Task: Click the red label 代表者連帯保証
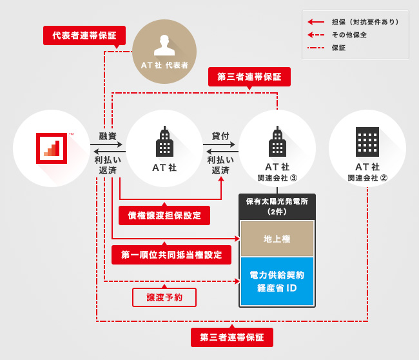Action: [84, 35]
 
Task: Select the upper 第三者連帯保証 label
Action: [249, 77]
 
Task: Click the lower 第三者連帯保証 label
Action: [232, 337]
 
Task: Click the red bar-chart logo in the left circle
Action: [52, 148]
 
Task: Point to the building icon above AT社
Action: [164, 143]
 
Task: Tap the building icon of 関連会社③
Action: [277, 143]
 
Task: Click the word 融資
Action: [108, 136]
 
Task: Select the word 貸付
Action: [220, 136]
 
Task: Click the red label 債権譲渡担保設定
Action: [164, 215]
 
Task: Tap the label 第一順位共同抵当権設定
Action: [171, 255]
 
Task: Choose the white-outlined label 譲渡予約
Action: [164, 297]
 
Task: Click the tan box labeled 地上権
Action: [277, 239]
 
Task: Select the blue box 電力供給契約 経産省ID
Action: [277, 281]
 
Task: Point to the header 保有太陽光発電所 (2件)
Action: [277, 206]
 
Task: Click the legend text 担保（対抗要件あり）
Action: [365, 22]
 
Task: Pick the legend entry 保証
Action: [338, 48]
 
